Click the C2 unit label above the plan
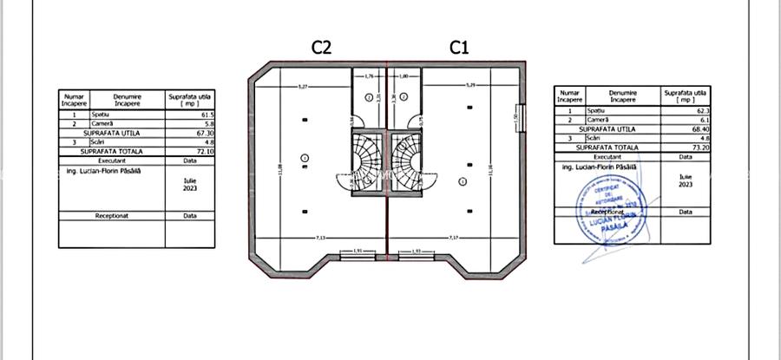click(321, 48)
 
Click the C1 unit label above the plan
click(459, 48)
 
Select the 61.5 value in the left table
click(205, 115)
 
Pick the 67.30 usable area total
click(203, 133)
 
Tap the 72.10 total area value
click(203, 151)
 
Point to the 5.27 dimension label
click(302, 87)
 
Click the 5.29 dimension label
click(470, 85)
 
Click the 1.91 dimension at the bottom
click(358, 252)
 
